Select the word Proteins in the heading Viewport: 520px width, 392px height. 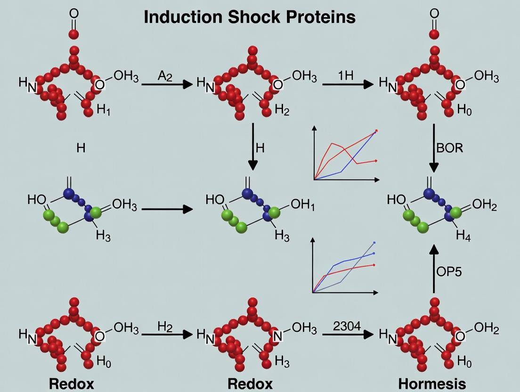tap(319, 17)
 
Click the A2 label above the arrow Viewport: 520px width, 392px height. tap(165, 76)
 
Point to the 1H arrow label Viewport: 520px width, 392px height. tap(346, 76)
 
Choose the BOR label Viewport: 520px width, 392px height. tap(450, 148)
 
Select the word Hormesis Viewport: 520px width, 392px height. tap(432, 384)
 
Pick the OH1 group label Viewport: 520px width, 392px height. tap(302, 205)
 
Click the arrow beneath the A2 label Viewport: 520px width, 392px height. tap(167, 84)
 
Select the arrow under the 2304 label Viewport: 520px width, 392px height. tap(345, 335)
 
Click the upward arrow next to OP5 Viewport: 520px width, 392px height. tap(434, 269)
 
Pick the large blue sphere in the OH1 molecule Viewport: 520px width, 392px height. tap(248, 193)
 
